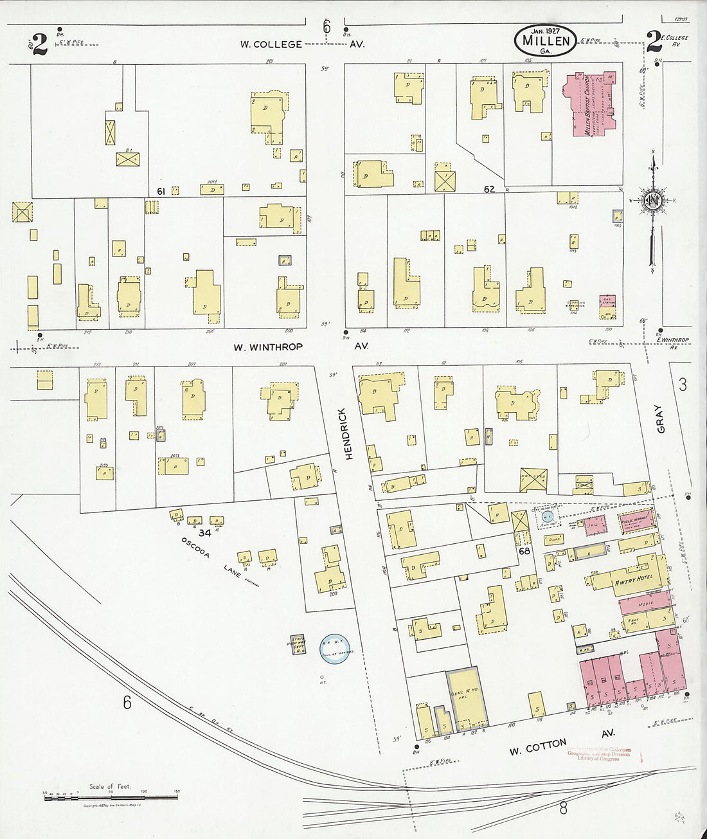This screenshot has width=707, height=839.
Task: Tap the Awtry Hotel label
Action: click(x=634, y=577)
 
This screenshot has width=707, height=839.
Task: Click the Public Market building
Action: click(x=638, y=520)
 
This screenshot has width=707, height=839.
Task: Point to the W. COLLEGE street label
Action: click(x=271, y=44)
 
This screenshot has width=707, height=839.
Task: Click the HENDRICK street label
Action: click(x=348, y=433)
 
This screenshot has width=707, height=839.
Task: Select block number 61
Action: click(x=161, y=190)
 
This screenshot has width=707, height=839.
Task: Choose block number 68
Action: click(x=525, y=552)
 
